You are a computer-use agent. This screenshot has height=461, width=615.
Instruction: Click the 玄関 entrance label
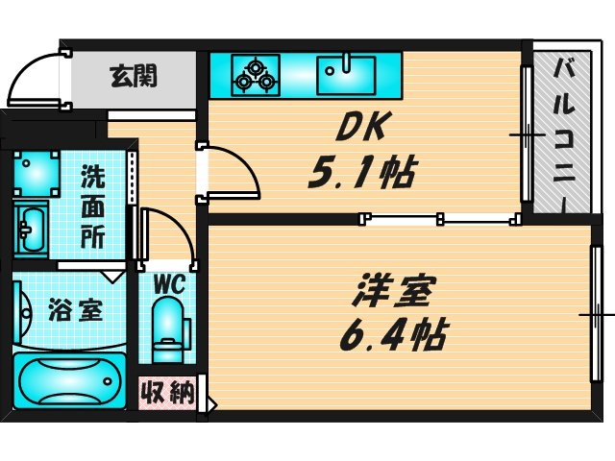pyautogui.click(x=134, y=74)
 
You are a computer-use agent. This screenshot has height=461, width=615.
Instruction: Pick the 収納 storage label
pyautogui.click(x=169, y=392)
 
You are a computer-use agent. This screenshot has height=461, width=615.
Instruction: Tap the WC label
pyautogui.click(x=170, y=284)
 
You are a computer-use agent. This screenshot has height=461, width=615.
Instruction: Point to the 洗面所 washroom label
pyautogui.click(x=92, y=206)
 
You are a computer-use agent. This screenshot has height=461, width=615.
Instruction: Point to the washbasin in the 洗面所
pyautogui.click(x=32, y=228)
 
